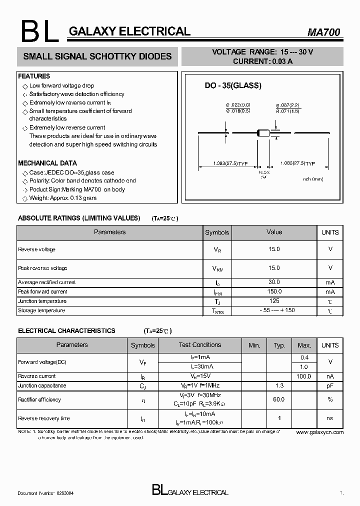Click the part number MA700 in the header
(x=323, y=32)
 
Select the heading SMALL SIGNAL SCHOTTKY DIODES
(x=97, y=56)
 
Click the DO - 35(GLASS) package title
(x=233, y=85)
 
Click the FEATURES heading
(x=34, y=76)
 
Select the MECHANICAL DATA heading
(x=47, y=163)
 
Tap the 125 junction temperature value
(x=274, y=301)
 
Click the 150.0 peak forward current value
(x=274, y=291)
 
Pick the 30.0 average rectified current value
(x=274, y=282)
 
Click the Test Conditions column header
(x=200, y=345)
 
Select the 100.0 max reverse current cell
(x=304, y=376)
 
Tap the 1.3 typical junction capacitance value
(x=279, y=386)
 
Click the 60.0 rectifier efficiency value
(x=279, y=399)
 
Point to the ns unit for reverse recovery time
(x=329, y=418)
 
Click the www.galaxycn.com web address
(x=320, y=432)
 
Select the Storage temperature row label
(x=41, y=310)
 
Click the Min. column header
(x=254, y=345)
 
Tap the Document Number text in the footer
(x=46, y=493)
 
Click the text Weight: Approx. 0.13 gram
(x=62, y=198)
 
